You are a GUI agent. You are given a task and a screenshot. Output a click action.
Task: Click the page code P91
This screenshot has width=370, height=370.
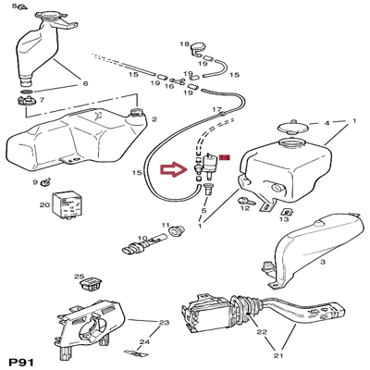(22, 360)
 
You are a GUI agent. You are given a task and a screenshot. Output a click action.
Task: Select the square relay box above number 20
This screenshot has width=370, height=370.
(68, 203)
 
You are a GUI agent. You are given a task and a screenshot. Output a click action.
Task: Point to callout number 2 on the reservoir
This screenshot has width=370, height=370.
(154, 120)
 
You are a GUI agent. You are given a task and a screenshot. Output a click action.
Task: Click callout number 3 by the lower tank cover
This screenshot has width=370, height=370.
(323, 263)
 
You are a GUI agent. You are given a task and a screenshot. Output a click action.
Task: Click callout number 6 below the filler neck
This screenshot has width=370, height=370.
(85, 83)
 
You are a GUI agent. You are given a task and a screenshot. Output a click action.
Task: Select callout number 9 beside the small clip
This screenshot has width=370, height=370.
(35, 182)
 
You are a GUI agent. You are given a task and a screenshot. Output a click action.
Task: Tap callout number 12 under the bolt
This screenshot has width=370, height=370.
(245, 210)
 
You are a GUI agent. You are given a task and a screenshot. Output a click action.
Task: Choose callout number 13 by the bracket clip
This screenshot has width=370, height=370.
(285, 220)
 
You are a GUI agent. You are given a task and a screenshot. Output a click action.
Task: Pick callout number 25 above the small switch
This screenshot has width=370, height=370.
(79, 277)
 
